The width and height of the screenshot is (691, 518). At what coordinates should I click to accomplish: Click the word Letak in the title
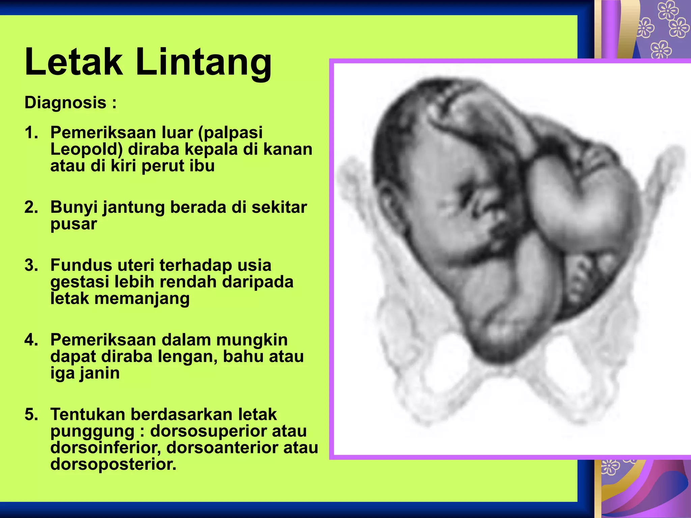pos(74,62)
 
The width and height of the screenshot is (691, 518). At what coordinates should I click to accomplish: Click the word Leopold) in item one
pos(86,149)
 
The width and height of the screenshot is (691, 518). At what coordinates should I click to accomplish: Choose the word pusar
pos(74,224)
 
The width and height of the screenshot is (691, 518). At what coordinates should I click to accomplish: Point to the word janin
pos(99,373)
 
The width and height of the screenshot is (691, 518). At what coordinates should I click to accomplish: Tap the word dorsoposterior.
pos(113,464)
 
